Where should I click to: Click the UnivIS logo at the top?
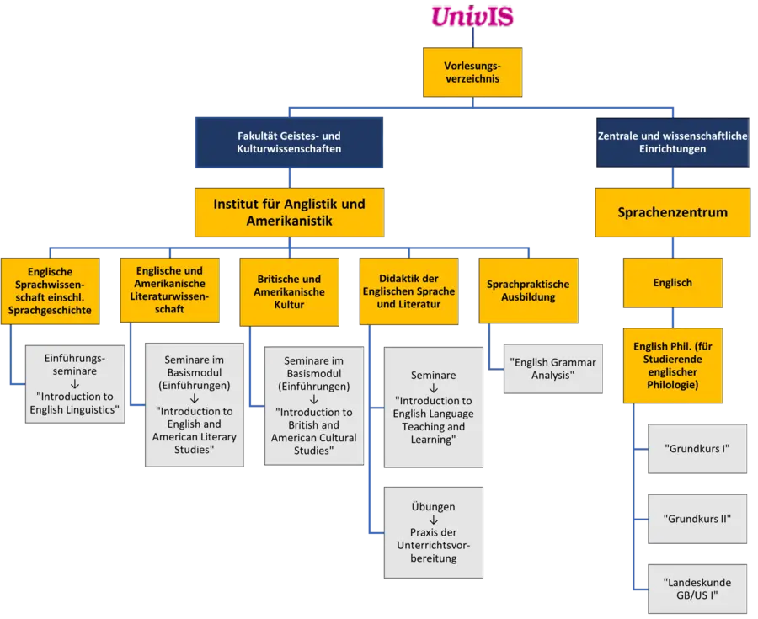[x=472, y=16]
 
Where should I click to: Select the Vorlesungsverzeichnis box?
[x=472, y=72]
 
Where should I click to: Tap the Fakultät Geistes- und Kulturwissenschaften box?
[x=289, y=142]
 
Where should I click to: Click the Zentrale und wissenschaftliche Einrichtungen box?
[x=672, y=142]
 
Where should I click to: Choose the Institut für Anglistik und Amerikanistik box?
[x=289, y=212]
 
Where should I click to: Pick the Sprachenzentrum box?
[x=672, y=212]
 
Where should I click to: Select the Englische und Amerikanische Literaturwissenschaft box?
[x=169, y=291]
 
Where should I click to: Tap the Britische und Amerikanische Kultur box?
[x=288, y=291]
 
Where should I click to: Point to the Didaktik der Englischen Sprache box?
[x=408, y=291]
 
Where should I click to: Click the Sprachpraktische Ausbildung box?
[x=528, y=291]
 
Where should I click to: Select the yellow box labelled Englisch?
[x=672, y=283]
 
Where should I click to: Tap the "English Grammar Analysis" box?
[x=552, y=369]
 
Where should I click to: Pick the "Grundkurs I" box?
[x=697, y=449]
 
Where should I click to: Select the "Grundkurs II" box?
[x=697, y=518]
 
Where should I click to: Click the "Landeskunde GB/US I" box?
[x=697, y=589]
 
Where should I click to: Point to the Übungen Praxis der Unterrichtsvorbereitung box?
[x=434, y=531]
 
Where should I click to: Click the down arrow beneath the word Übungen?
[x=434, y=520]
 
